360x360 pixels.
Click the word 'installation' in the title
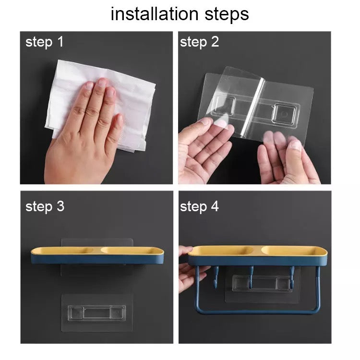pos(154,14)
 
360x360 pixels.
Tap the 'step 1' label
pos(44,42)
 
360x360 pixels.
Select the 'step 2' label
pos(199,42)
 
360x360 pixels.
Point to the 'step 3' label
pos(45,206)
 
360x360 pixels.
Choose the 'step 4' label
pos(199,206)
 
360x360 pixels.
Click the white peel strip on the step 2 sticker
pos(254,104)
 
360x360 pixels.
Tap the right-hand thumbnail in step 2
pos(296,145)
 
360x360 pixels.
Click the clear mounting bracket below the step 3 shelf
pos(97,313)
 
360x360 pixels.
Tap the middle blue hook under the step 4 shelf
pos(251,276)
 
